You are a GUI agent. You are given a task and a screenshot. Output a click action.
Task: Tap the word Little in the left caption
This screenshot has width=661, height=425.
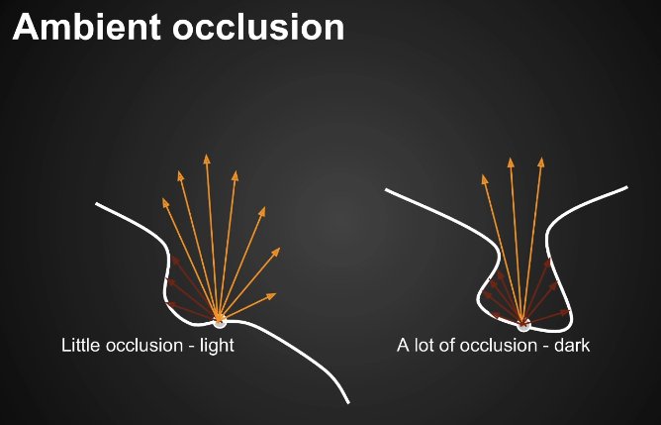79,346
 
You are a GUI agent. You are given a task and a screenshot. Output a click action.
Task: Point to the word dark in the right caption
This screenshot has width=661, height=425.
572,346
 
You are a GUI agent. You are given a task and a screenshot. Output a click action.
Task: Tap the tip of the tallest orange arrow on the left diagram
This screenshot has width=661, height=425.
207,156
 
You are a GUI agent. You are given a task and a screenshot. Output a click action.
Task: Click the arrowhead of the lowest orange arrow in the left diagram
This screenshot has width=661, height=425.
274,294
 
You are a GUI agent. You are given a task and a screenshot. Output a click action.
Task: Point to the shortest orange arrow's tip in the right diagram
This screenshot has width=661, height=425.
484,176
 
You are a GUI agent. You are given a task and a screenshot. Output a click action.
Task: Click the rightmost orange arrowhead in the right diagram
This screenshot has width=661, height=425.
540,159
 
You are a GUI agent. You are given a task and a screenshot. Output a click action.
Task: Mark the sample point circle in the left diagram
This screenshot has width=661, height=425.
220,320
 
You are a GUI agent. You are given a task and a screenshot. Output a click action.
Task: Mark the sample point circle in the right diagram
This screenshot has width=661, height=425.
523,324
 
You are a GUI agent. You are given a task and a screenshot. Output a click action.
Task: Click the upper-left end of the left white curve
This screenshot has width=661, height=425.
97,204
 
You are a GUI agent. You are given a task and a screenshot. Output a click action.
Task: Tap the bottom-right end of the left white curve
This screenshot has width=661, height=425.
348,402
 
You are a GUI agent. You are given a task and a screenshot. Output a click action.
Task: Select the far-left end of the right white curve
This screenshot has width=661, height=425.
386,191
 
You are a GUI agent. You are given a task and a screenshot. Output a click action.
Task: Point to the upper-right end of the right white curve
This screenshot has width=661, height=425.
626,187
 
